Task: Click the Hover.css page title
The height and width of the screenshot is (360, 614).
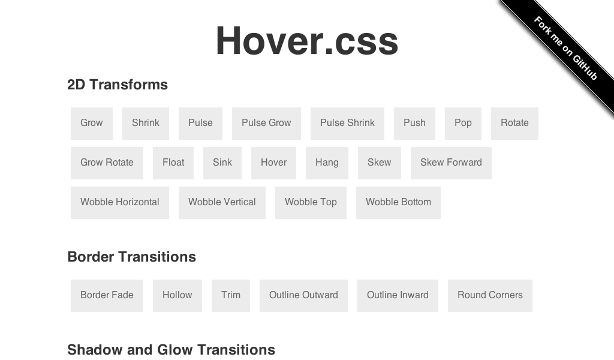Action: point(307,41)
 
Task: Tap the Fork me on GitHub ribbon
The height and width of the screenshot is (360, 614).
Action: point(565,48)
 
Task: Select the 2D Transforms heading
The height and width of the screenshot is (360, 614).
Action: point(118,85)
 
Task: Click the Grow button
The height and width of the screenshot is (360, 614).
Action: point(92,124)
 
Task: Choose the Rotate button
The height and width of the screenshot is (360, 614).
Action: point(514,124)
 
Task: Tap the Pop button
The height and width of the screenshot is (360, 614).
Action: point(463,124)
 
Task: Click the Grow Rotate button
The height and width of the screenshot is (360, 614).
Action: point(107,163)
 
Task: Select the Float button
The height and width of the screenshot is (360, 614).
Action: point(173,163)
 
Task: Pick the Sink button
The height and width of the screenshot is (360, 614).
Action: point(222,163)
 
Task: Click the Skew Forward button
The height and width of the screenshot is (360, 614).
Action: point(451,163)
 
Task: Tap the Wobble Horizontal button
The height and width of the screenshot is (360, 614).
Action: point(120,203)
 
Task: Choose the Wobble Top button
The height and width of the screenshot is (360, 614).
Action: point(311,203)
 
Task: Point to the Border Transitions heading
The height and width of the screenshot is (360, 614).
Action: point(131,257)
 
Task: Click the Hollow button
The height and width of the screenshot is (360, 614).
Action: point(177,296)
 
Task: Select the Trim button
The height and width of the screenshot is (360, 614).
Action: point(231,296)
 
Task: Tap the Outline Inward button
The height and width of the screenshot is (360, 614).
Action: point(398,296)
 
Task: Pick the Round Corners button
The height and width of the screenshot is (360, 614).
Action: point(490,296)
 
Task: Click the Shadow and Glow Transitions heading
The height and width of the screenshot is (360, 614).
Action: point(171,350)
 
